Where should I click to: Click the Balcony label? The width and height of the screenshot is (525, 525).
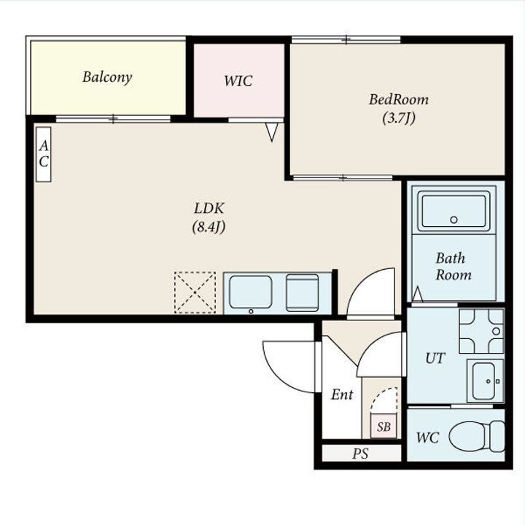click(107, 77)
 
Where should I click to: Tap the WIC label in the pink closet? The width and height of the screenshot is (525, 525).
click(238, 81)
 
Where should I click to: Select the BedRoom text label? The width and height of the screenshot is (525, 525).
click(398, 99)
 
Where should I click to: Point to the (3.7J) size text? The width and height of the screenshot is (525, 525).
click(399, 118)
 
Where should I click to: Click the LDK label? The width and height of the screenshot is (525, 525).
click(209, 209)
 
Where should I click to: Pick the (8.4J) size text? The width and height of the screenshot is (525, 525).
click(209, 227)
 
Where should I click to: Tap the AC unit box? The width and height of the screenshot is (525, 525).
click(44, 155)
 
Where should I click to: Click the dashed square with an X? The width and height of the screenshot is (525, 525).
click(195, 292)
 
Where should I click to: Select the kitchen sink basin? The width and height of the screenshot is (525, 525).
click(250, 292)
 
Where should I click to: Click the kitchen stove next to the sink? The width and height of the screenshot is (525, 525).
click(303, 293)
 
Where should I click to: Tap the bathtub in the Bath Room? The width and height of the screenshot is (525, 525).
click(454, 211)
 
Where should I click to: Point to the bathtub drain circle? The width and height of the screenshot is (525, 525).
click(454, 220)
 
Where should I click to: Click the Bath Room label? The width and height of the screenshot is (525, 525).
click(454, 267)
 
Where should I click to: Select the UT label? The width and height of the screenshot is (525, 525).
click(435, 359)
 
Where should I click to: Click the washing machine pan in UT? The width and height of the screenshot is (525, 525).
click(481, 331)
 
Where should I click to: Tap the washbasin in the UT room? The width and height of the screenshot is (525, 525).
click(485, 381)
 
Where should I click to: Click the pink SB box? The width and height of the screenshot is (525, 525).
click(384, 427)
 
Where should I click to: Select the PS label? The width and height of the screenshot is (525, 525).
click(360, 454)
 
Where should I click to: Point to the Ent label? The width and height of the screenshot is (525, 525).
click(342, 394)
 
